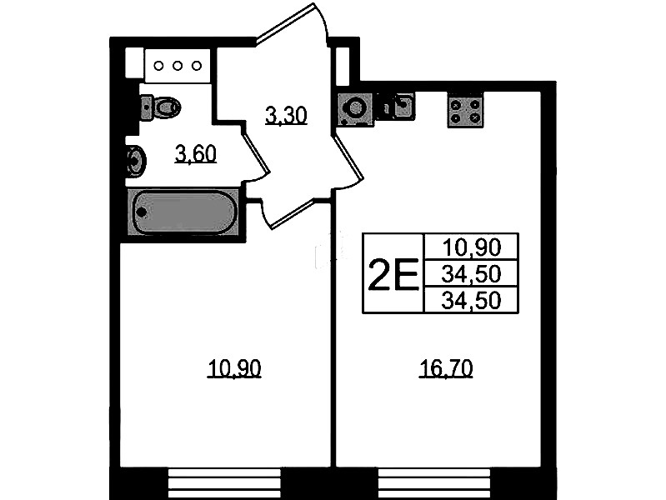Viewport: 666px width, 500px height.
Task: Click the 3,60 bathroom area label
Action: coord(195,154)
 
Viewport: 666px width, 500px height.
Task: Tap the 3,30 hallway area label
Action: coord(286,115)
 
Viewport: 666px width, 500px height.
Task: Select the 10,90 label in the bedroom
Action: coord(234,368)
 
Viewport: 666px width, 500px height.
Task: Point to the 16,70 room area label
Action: coord(446,368)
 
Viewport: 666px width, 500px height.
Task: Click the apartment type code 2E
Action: coord(393,274)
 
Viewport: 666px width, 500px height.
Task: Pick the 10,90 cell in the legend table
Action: coord(472,247)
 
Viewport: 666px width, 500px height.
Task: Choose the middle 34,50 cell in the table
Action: coord(472,273)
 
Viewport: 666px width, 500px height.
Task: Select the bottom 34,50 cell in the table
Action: coord(472,300)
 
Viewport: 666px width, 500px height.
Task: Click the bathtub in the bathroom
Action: coord(183,212)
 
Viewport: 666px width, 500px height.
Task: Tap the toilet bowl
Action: coord(161,107)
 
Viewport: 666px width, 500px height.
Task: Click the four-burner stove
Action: coord(465,111)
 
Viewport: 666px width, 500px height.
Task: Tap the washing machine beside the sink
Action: coord(356,110)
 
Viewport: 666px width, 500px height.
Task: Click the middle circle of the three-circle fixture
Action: coord(178,66)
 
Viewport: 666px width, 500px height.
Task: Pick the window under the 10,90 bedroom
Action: coord(225,483)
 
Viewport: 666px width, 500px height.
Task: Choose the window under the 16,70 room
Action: coord(434,483)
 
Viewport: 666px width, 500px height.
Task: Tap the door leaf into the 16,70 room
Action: coord(348,157)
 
